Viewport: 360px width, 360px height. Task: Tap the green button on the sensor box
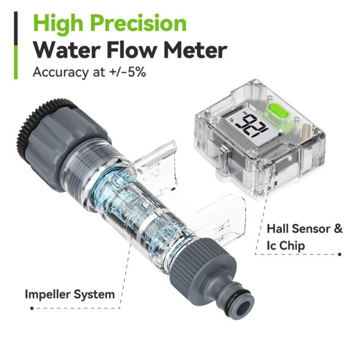tap(277, 112)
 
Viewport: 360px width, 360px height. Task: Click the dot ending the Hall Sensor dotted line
tap(340, 254)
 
